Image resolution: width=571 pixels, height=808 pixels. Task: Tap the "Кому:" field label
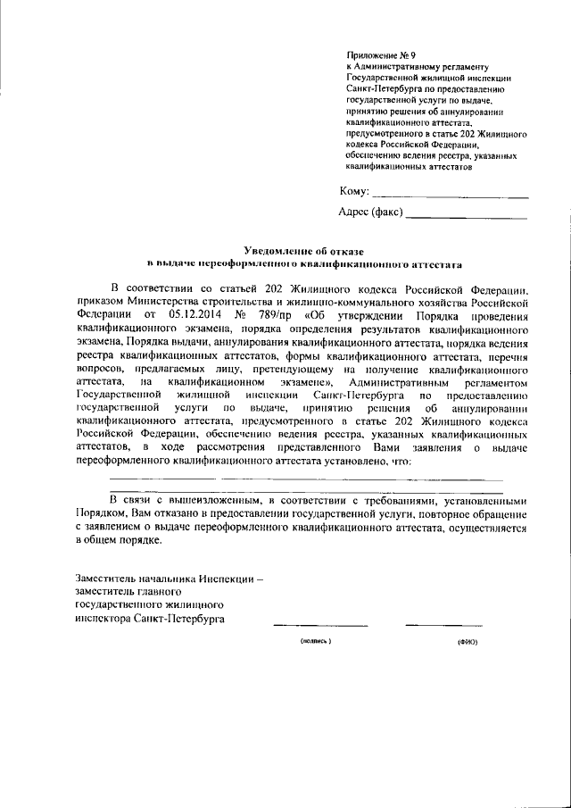[x=354, y=192]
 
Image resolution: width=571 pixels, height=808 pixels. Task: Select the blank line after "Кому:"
[x=450, y=196]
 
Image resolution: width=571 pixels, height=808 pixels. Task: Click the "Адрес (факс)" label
[x=371, y=212]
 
